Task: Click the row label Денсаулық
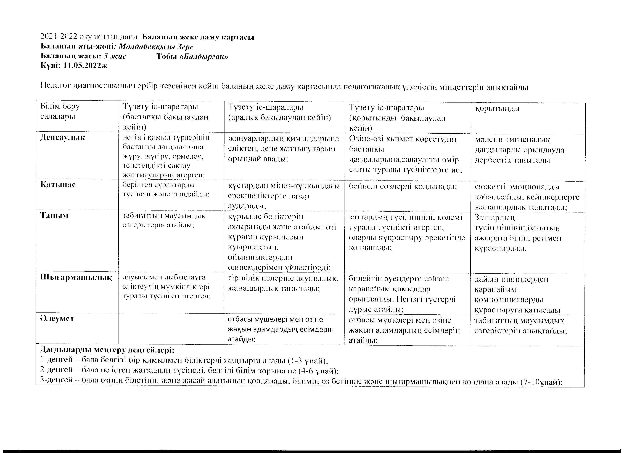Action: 63,138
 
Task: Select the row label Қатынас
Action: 58,185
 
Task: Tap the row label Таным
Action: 54,216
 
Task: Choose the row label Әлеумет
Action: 57,319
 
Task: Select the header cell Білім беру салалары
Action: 60,111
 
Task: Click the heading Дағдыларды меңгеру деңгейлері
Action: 107,350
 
